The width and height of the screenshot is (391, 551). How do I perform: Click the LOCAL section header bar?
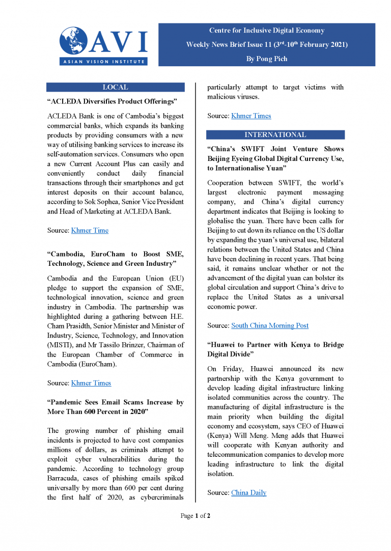pos(115,87)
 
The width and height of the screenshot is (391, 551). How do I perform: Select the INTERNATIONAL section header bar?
pos(275,135)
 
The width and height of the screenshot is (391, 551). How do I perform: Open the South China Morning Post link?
pos(270,325)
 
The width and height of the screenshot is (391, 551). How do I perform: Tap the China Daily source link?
pos(248,492)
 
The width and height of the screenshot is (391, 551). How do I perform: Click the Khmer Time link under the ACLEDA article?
pos(90,230)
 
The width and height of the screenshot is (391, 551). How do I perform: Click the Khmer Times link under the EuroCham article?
pos(91,383)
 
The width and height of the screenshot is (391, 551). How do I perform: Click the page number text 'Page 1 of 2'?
pos(195,516)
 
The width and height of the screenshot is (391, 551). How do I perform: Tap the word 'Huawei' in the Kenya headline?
pos(225,345)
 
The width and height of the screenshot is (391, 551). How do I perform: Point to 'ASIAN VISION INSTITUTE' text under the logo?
pos(103,62)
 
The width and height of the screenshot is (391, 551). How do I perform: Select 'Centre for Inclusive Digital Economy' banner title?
pos(266,31)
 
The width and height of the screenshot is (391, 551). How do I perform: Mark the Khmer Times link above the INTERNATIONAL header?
pos(251,116)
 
